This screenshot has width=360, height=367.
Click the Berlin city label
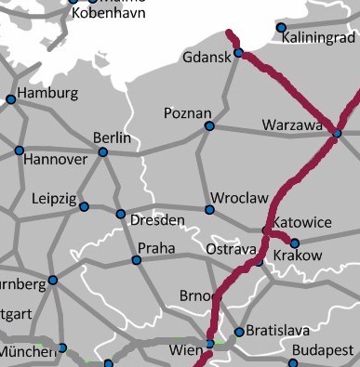pyautogui.click(x=113, y=138)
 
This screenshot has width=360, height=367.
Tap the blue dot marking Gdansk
pyautogui.click(x=238, y=53)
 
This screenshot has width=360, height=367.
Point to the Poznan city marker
pyautogui.click(x=208, y=125)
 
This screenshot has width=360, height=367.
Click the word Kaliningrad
pyautogui.click(x=322, y=40)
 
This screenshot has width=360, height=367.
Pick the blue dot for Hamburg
pyautogui.click(x=10, y=99)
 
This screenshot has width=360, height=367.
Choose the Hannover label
pyautogui.click(x=54, y=160)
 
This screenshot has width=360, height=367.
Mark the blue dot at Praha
pyautogui.click(x=137, y=260)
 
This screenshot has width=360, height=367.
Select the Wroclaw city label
pyautogui.click(x=239, y=198)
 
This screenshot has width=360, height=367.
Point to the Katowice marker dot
pyautogui.click(x=266, y=229)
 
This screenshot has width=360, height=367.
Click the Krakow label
pyautogui.click(x=300, y=256)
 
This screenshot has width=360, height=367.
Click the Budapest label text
pyautogui.click(x=323, y=350)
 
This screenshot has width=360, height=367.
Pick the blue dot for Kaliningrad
pyautogui.click(x=282, y=28)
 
